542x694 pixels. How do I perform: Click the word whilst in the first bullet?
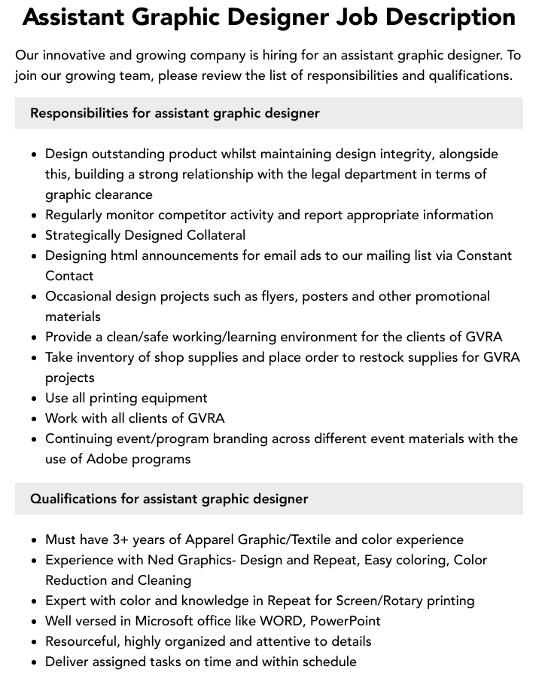pos(245,154)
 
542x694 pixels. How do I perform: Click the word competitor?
pos(189,215)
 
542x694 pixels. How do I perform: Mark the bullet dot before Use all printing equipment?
pos(35,399)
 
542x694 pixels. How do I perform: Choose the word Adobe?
pos(108,459)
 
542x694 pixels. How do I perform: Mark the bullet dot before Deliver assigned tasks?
pos(35,662)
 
